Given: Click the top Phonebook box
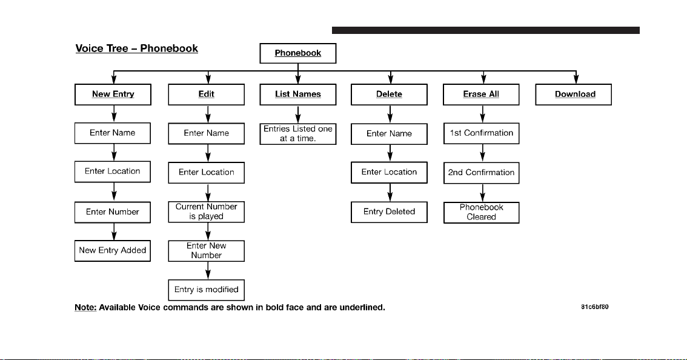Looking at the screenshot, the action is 298,53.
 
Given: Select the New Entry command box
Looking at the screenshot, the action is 113,95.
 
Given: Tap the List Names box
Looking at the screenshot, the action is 298,95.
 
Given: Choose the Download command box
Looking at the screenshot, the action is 574,95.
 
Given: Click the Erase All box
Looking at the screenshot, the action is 481,95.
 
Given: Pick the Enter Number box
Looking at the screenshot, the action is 113,212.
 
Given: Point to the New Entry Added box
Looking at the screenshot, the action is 113,251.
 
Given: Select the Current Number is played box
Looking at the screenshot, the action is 207,212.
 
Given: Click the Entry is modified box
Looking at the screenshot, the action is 207,290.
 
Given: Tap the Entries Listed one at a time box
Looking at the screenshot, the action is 298,134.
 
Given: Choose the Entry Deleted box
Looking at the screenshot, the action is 389,212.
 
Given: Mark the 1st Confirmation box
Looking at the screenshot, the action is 481,133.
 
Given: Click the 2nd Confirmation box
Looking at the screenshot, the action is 481,173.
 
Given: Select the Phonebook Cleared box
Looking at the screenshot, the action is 481,213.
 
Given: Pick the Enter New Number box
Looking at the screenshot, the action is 207,251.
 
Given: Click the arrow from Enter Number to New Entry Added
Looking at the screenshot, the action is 114,232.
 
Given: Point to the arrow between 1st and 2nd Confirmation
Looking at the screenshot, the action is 482,153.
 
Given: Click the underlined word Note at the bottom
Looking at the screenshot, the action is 85,307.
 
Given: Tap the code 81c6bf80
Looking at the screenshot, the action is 594,307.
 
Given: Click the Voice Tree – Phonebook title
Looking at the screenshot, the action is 137,48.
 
